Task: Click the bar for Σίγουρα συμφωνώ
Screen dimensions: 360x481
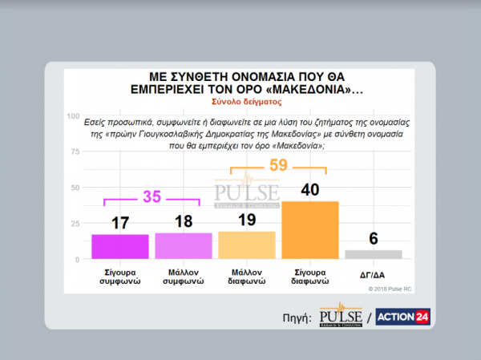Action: (120, 246)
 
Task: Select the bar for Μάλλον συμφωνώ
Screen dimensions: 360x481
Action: (183, 245)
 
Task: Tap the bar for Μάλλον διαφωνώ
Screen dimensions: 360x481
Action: (246, 245)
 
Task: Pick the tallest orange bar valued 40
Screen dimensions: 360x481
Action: (310, 229)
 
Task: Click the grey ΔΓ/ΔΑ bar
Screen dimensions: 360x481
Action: (373, 254)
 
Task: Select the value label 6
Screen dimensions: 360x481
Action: (373, 237)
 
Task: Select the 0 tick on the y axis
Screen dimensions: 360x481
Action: (77, 259)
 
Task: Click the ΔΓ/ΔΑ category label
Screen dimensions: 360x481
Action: (373, 273)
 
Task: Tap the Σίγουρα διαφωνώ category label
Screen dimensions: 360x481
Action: (310, 277)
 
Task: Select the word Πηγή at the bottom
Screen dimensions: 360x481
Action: (297, 318)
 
